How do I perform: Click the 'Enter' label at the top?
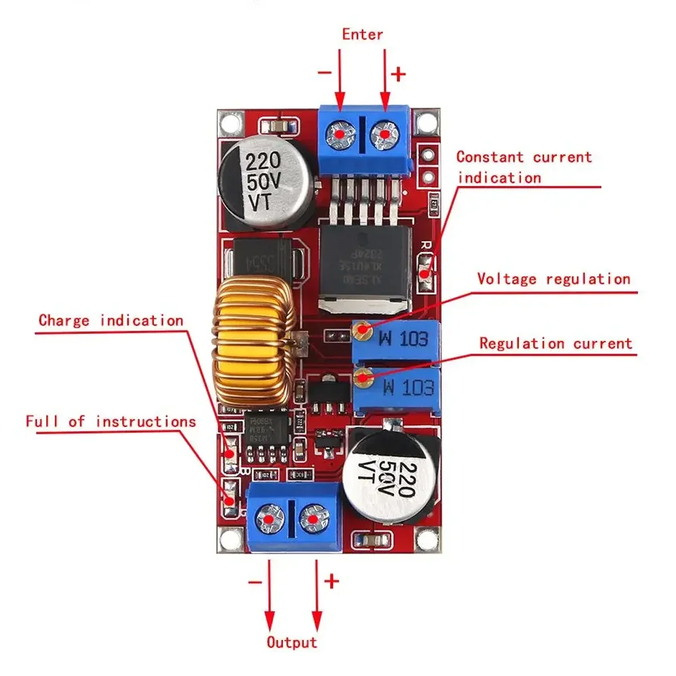(x=362, y=34)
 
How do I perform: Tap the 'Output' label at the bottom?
(x=292, y=642)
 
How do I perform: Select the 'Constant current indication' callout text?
(x=524, y=167)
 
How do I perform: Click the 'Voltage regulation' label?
(x=553, y=279)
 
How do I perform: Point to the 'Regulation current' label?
(x=555, y=344)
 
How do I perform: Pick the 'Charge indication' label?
(x=111, y=321)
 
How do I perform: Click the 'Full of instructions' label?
(x=110, y=421)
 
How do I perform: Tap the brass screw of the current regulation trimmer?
(x=362, y=379)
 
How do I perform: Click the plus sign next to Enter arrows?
(x=398, y=74)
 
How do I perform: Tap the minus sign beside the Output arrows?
(x=255, y=581)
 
